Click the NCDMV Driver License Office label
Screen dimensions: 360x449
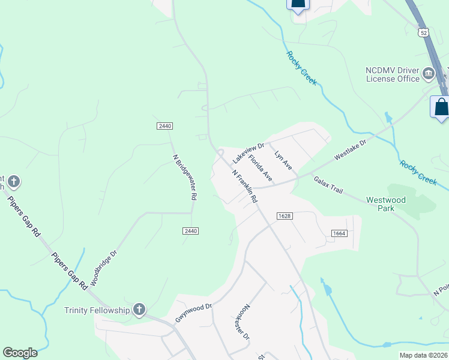[393, 74]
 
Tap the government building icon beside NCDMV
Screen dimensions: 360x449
[429, 74]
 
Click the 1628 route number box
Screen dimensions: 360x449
[285, 215]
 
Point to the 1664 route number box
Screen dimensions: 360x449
[338, 233]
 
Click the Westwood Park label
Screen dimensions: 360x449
[386, 204]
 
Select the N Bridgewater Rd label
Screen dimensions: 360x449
[185, 178]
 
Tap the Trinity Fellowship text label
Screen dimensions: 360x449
[97, 310]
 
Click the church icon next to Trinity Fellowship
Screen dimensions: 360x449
[139, 310]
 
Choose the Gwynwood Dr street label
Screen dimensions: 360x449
[194, 313]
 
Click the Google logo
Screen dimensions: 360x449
[20, 353]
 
